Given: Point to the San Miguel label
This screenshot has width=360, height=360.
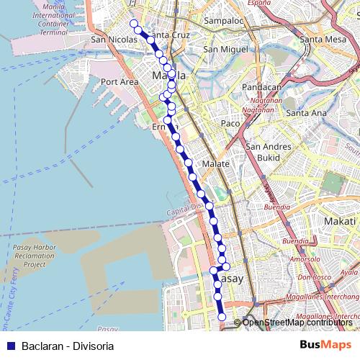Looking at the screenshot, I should (220, 49).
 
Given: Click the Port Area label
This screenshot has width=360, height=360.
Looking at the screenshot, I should (120, 82).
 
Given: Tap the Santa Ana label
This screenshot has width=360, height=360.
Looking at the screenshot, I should (306, 113).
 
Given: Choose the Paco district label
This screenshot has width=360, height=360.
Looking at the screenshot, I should (230, 124).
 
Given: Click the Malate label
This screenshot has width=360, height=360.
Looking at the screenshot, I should (215, 163).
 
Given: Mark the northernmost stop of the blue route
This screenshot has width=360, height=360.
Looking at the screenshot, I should (133, 24).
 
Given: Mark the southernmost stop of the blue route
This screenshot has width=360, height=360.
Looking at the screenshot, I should (221, 318).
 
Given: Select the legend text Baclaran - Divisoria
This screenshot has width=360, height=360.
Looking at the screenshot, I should (68, 346).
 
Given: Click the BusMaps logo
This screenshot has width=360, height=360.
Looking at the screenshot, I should (325, 345).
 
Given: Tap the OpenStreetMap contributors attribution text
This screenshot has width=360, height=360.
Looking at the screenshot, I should (297, 323).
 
